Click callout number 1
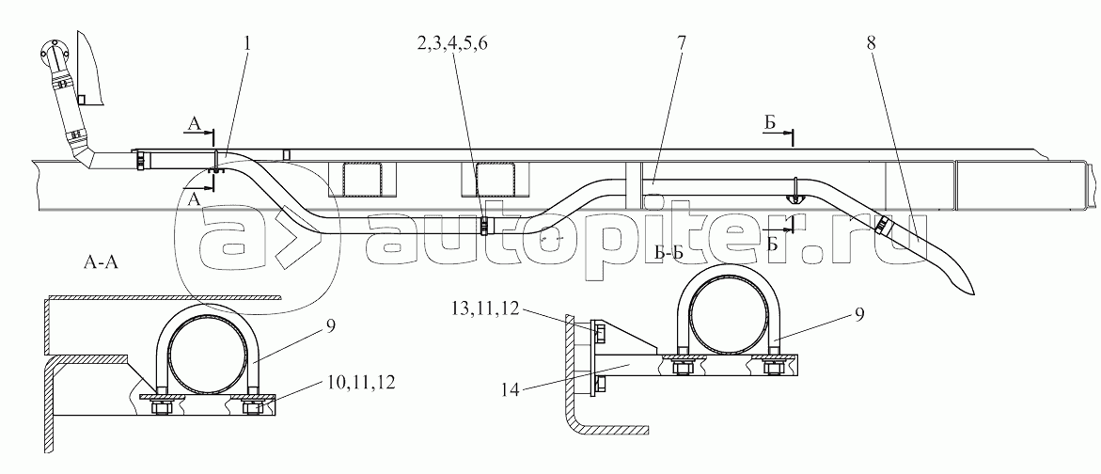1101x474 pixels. (247, 43)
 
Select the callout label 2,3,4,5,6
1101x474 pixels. (452, 43)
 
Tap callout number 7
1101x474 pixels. (682, 43)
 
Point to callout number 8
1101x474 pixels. (871, 43)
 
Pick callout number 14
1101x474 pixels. (511, 390)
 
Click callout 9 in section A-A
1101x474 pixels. (330, 325)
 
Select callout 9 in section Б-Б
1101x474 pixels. (858, 315)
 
